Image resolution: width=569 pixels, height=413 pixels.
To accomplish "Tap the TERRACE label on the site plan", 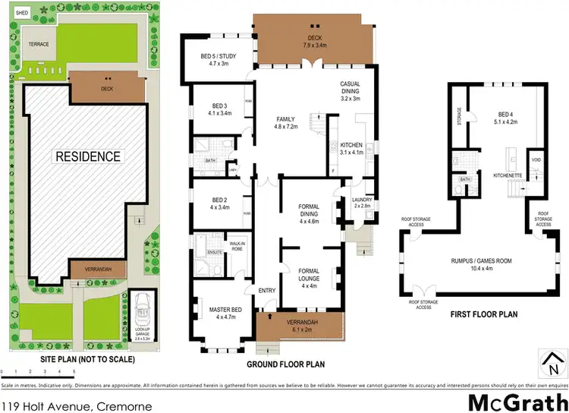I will tap(39, 44).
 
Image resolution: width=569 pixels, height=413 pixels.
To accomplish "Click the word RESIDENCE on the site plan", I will tap(87, 157).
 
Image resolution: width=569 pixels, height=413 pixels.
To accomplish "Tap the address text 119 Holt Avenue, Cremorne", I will tap(77, 406).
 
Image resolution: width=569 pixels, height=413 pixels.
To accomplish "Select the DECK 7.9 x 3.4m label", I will tap(315, 42).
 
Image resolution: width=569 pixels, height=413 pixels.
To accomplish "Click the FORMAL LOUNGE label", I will tap(309, 277).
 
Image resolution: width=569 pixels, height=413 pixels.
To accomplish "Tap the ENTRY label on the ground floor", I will tap(266, 291).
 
